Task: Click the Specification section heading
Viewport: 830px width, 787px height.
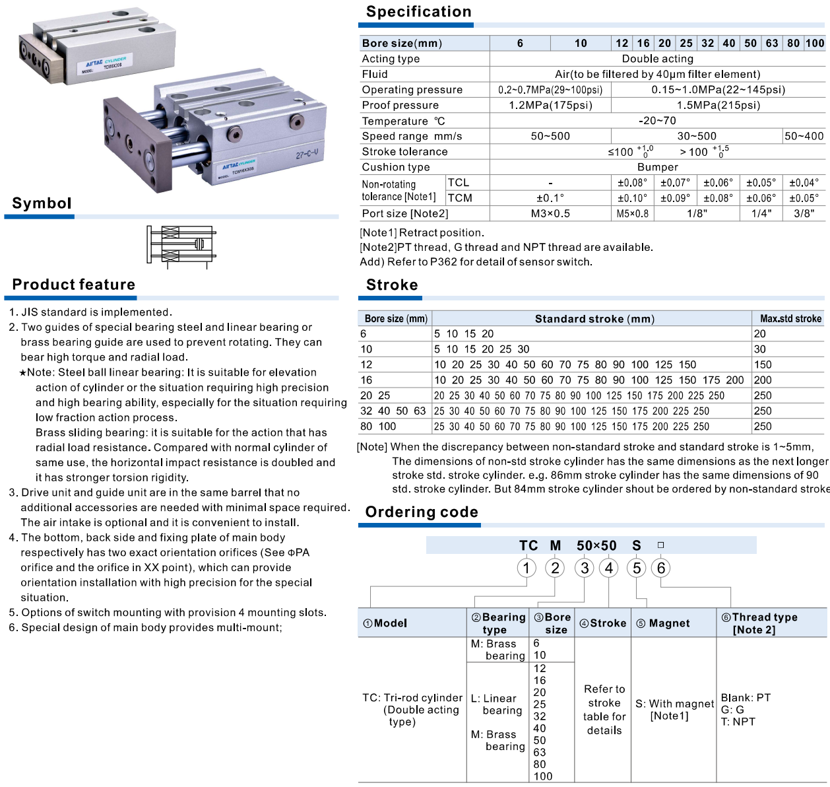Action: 418,12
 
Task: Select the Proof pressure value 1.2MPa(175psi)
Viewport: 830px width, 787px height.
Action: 550,105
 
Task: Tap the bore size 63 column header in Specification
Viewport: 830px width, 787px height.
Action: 772,43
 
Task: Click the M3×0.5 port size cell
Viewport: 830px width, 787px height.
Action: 550,213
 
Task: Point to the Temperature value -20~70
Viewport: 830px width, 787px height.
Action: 657,120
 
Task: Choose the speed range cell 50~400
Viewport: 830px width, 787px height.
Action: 804,136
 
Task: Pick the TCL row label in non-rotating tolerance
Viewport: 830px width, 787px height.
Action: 459,182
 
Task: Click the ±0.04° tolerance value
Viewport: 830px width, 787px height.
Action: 804,182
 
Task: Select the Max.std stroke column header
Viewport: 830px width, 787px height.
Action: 790,318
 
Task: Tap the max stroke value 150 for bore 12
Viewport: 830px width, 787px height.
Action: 763,364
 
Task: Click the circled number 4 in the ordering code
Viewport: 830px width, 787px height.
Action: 609,568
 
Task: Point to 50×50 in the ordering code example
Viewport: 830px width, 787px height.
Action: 596,545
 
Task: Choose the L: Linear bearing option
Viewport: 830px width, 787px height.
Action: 497,704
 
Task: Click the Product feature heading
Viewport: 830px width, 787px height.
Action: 73,285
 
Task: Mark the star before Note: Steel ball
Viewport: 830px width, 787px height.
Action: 22,373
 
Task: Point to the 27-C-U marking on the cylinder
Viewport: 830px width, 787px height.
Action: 307,155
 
